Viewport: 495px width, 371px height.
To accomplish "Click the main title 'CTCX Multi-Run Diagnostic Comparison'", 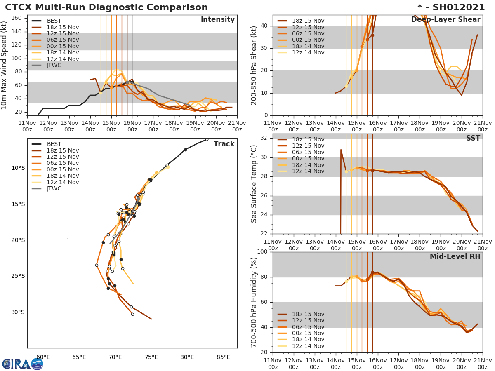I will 106,7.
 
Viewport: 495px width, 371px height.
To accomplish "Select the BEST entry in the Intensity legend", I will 54,21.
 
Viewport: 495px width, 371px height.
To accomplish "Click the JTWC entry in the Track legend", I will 54,189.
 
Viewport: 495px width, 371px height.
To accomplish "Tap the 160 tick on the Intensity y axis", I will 18,18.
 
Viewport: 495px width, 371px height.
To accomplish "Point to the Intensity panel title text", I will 217,20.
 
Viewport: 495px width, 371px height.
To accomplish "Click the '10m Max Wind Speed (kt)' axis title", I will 5,65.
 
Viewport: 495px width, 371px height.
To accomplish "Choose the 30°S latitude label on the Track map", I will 18,312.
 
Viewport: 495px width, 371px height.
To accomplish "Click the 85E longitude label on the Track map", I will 223,357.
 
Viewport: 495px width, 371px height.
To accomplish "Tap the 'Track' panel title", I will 225,144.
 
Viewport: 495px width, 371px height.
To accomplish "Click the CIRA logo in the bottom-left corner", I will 22,364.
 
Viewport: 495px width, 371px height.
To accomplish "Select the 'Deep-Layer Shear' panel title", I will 445,20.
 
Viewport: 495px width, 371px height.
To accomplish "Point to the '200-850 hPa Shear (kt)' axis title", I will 254,65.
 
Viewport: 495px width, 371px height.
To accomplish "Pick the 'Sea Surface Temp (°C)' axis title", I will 254,184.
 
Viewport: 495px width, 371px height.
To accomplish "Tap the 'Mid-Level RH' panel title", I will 455,256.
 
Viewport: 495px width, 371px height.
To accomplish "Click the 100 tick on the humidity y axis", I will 262,252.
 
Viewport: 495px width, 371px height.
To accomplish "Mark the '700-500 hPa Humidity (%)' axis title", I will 254,302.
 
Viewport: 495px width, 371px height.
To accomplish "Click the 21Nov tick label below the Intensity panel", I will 237,126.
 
